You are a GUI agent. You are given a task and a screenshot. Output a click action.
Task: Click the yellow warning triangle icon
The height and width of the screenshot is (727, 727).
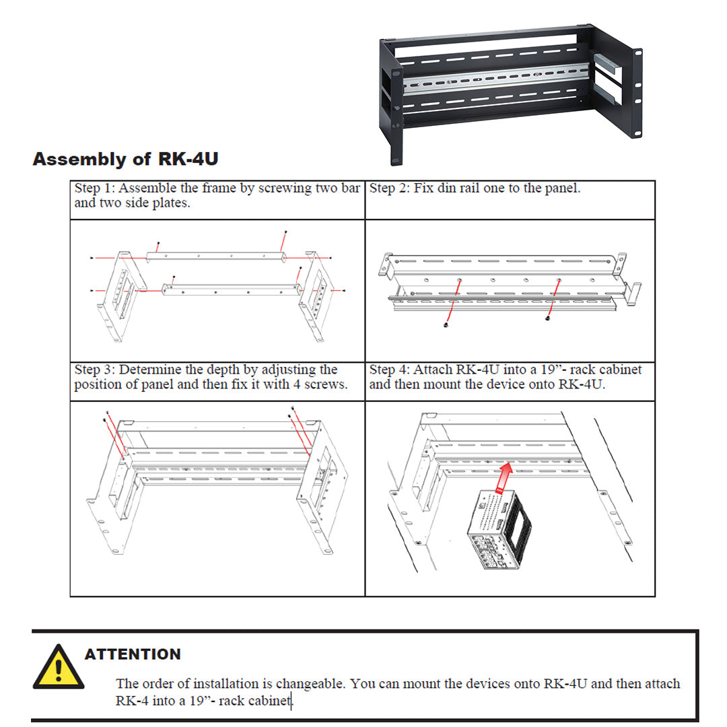(59, 668)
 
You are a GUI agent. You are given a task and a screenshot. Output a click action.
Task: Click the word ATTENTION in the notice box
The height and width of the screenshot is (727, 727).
(133, 654)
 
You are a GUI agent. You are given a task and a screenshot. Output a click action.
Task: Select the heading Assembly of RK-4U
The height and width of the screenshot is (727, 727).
(125, 160)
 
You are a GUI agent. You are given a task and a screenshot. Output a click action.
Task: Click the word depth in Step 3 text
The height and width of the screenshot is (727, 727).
(222, 370)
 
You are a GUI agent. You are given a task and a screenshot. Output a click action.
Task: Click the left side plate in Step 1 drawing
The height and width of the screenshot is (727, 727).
(123, 289)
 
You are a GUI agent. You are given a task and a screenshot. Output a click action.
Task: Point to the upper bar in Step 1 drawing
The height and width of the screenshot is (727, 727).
(215, 255)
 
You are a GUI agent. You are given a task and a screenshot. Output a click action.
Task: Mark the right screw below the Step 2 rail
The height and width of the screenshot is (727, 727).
(549, 318)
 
